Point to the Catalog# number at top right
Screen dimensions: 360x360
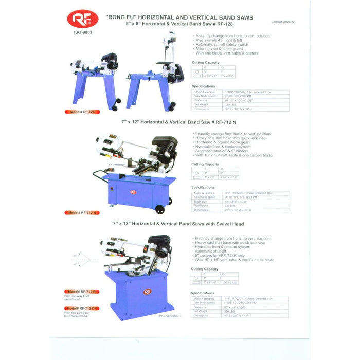point(284,22)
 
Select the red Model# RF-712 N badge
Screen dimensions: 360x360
point(82,212)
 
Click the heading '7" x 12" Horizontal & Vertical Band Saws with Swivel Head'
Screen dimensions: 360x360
point(178,224)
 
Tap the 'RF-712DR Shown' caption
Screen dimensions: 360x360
point(170,317)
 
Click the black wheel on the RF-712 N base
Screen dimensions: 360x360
point(160,209)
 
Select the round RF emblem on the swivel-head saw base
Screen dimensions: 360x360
point(148,292)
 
